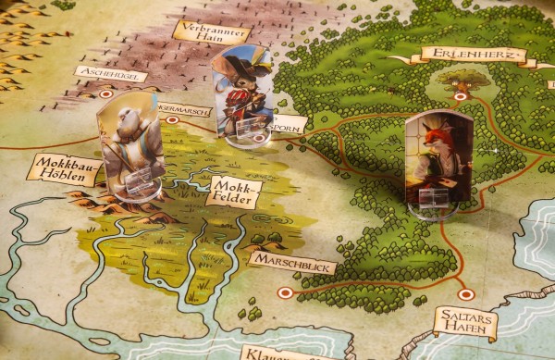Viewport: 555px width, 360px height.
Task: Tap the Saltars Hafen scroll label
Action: tap(465, 321)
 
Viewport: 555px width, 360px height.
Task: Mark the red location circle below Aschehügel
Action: tap(107, 93)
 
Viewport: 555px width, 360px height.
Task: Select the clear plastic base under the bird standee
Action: tap(133, 191)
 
